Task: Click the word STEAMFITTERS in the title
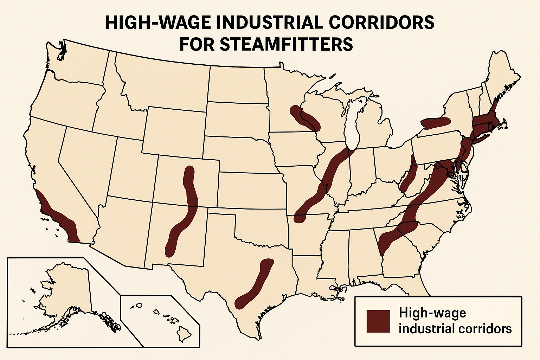(266, 44)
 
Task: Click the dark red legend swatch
(378, 321)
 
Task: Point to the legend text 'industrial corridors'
(455, 329)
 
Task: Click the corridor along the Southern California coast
(58, 216)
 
